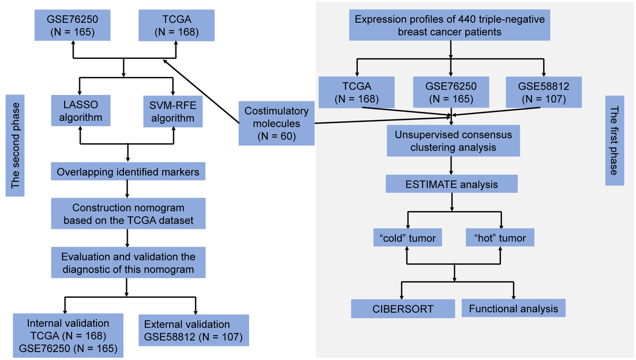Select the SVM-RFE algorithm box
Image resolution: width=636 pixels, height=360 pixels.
(173, 110)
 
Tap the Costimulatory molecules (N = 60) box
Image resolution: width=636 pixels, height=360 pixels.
(276, 124)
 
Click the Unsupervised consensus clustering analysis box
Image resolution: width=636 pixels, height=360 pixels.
(453, 141)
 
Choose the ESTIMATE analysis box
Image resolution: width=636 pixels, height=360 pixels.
(452, 185)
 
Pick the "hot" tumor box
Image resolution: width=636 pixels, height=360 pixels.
(500, 238)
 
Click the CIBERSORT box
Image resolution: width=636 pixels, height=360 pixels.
(403, 309)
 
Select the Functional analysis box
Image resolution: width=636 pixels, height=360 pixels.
(514, 309)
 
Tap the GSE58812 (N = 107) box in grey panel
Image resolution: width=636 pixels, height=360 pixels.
(544, 91)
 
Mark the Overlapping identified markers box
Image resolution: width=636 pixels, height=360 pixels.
(128, 172)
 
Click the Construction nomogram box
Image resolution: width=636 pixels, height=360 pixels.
(128, 214)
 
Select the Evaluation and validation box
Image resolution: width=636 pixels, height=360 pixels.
(128, 263)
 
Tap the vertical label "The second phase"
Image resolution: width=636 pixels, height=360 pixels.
(15, 146)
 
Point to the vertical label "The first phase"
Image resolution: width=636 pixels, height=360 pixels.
(614, 141)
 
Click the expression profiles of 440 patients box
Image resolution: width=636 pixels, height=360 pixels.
(450, 25)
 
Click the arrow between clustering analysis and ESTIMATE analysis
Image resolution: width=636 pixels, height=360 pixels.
(451, 166)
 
